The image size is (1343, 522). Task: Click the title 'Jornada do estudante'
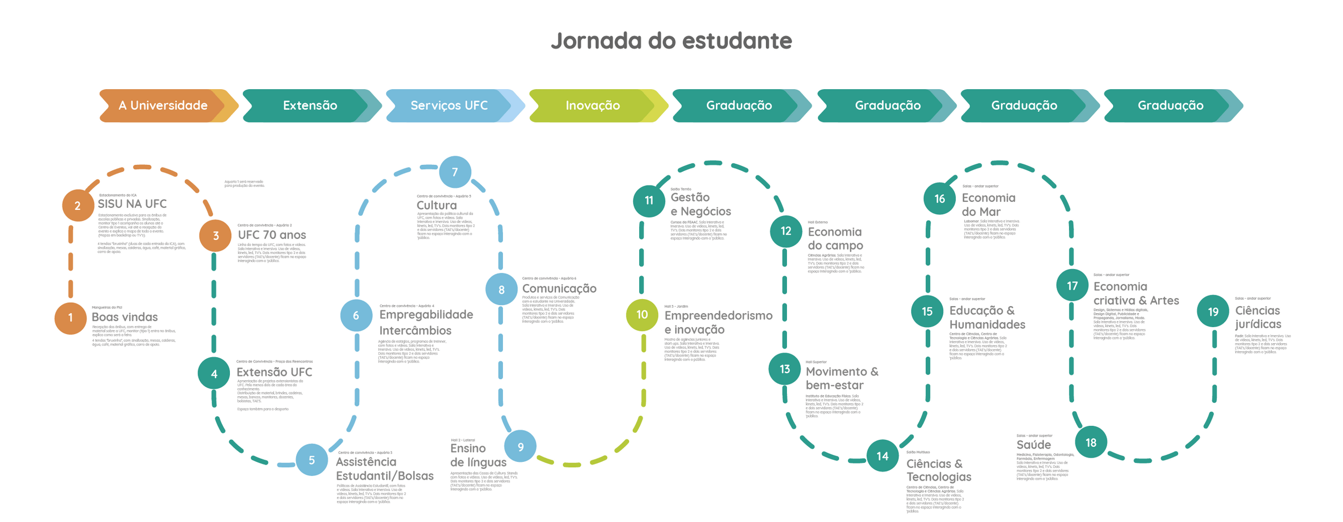pos(671,41)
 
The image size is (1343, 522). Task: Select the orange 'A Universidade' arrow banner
pos(163,105)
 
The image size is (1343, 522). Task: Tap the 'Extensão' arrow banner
pos(310,105)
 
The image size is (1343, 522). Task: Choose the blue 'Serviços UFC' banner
pos(449,105)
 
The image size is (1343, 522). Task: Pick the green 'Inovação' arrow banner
pos(593,105)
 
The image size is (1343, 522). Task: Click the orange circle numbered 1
pos(70,318)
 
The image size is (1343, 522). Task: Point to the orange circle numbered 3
pos(215,235)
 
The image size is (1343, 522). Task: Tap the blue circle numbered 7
pos(455,172)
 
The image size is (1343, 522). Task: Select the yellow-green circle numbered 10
pos(642,315)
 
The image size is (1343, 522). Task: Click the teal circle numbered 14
pos(882,456)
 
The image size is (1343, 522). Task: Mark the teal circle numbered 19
pos(1213,311)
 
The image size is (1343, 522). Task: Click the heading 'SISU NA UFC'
pos(132,204)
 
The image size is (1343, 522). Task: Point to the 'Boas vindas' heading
pos(125,317)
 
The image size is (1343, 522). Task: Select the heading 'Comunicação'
pos(559,288)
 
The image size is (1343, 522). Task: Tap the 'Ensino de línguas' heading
pos(478,455)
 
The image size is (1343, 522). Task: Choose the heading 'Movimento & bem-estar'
pos(842,378)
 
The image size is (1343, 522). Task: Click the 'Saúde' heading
pos(1034,445)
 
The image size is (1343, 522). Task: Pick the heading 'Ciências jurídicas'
pos(1258,317)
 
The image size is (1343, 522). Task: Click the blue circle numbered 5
pos(312,460)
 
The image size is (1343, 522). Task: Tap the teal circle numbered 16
pos(939,199)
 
